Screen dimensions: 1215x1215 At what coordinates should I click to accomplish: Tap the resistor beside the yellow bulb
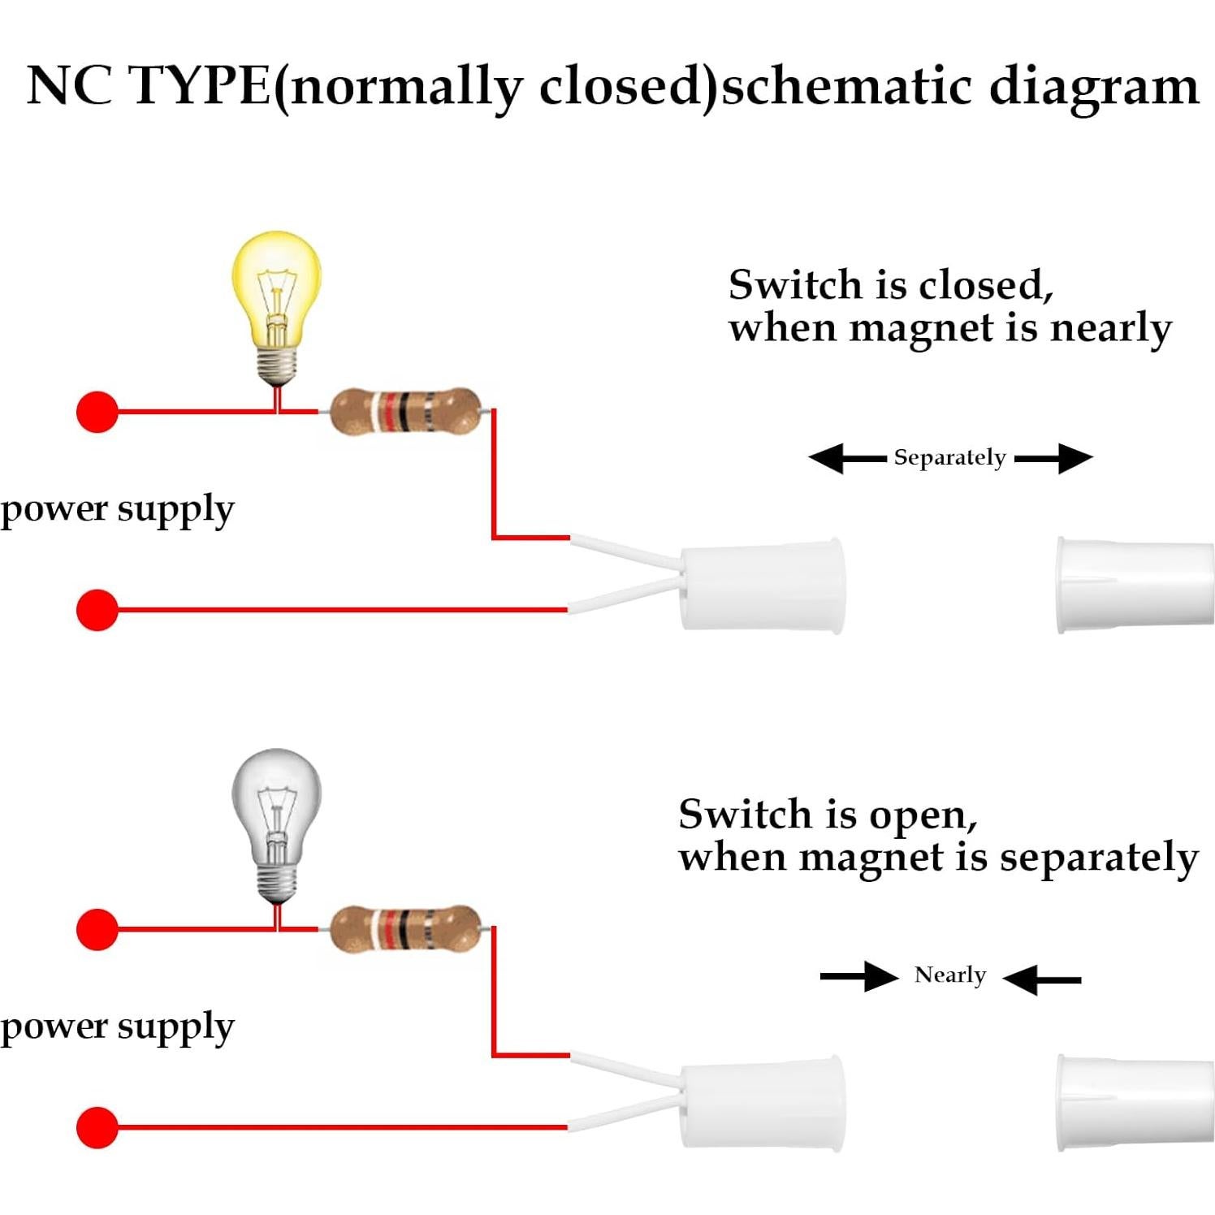[404, 412]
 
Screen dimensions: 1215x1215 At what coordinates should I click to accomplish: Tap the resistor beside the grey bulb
[404, 928]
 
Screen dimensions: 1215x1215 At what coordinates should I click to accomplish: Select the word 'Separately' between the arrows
[949, 458]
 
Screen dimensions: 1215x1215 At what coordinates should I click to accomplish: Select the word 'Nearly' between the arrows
[949, 975]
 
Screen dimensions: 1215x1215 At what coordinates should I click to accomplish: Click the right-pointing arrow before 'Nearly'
[859, 976]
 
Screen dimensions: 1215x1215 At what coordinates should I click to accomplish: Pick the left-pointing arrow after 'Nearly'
[1042, 979]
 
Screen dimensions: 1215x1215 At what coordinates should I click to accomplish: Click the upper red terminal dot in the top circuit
[97, 412]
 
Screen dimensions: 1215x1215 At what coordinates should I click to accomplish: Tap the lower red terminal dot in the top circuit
[97, 609]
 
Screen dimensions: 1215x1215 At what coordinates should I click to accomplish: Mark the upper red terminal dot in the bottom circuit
[97, 928]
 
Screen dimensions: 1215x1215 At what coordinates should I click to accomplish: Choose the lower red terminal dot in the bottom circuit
[97, 1127]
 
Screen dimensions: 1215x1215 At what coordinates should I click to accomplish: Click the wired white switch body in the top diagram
[762, 585]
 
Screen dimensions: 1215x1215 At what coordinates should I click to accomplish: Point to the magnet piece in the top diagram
[1134, 585]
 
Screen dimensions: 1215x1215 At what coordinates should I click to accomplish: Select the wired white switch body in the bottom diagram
[762, 1103]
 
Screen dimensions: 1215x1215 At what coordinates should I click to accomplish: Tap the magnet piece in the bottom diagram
[1134, 1103]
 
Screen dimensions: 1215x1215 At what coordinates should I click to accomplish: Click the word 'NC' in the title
[69, 85]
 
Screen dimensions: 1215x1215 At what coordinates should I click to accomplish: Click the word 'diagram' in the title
[1093, 88]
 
